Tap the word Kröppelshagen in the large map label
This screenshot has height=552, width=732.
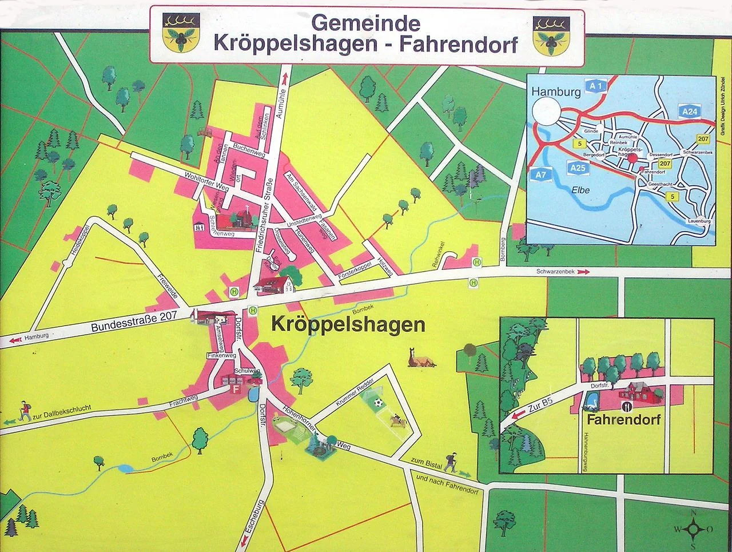[348, 325]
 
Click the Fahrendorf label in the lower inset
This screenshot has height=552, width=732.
[623, 420]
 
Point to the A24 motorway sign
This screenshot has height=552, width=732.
[690, 112]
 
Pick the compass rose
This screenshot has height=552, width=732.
[693, 529]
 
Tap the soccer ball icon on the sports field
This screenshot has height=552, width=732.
[377, 403]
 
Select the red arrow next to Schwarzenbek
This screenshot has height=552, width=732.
[583, 272]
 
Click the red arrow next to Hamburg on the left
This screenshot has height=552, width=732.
[15, 340]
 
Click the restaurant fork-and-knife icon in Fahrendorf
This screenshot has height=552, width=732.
[627, 406]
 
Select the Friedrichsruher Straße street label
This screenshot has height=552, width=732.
[264, 217]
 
